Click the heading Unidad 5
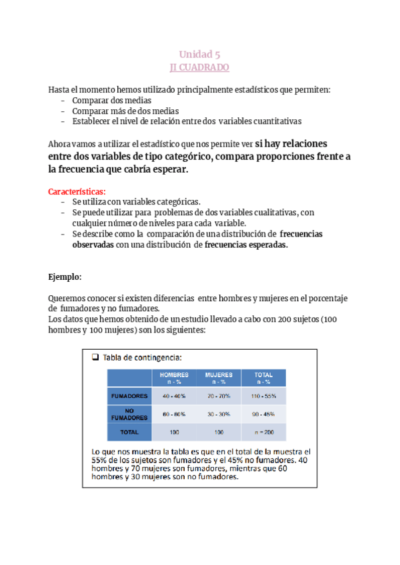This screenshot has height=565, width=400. (x=199, y=55)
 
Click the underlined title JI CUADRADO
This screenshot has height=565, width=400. (x=199, y=67)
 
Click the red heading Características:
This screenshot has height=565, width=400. (x=77, y=191)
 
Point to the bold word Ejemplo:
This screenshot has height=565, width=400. (x=65, y=276)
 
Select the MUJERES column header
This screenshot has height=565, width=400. (x=219, y=378)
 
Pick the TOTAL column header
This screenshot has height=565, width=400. (x=263, y=378)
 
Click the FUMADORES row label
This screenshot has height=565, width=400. (x=129, y=396)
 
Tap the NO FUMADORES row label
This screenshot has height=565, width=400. (x=129, y=414)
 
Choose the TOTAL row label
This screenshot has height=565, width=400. (x=129, y=432)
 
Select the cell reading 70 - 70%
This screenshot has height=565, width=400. (x=219, y=396)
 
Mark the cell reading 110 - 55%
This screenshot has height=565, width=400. (x=263, y=396)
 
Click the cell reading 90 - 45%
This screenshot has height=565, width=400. (x=263, y=414)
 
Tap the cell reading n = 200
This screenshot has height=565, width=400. (x=263, y=432)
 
